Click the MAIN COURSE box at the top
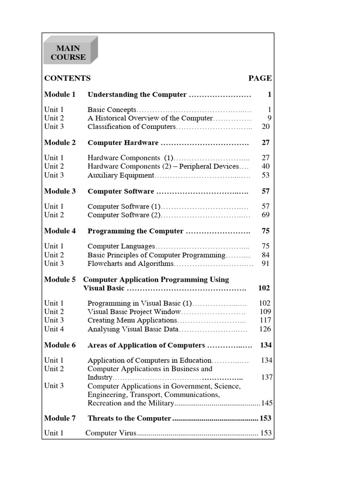point(71,52)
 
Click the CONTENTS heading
point(67,78)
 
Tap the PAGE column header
point(260,78)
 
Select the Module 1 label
point(60,95)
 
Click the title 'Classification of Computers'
point(131,127)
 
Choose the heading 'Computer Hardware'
point(123,142)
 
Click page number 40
point(266,166)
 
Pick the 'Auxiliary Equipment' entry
point(120,175)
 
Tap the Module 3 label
point(60,191)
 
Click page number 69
point(266,215)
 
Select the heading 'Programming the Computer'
point(135,231)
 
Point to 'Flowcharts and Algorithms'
point(130,263)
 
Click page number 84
point(266,255)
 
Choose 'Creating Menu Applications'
point(132,320)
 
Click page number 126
point(265,329)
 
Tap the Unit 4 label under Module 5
point(54,329)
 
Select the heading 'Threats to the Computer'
point(129,418)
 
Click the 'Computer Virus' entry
point(111,434)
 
